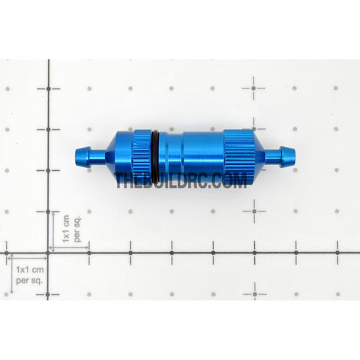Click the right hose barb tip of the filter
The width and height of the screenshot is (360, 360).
(x=295, y=154)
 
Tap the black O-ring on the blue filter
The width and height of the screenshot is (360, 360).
(x=154, y=155)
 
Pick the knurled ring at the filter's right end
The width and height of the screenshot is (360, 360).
(x=236, y=154)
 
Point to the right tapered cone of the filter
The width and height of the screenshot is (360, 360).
(x=257, y=154)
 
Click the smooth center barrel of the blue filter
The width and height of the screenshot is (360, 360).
(x=191, y=155)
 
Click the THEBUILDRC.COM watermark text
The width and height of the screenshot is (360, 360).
(x=181, y=180)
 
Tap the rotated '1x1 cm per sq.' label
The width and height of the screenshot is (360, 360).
(x=72, y=229)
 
